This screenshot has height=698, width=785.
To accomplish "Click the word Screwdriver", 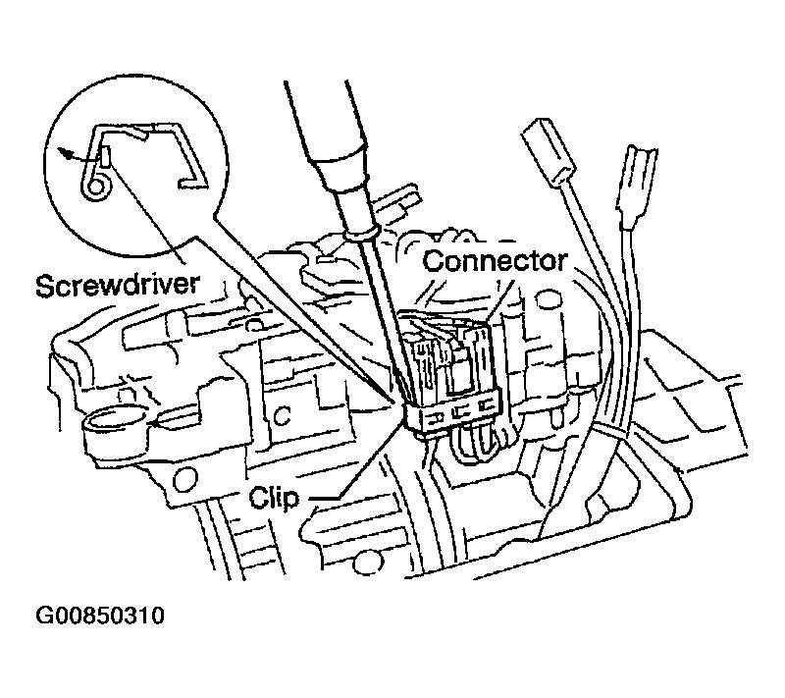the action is (118, 285).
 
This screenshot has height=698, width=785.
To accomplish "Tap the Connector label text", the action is (496, 260).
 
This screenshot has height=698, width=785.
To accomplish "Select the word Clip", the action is (274, 497).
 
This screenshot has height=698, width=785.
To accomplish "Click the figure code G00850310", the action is (100, 616).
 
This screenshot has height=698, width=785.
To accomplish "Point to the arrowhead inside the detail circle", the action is (63, 152).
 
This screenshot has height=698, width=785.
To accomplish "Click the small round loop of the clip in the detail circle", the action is (95, 186).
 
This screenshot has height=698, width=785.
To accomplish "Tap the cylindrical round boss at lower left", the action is (119, 426).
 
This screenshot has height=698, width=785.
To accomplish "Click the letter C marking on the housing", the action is (284, 415).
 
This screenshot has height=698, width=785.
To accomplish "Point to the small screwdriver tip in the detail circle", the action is (107, 157).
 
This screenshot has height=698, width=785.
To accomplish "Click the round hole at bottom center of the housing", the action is (364, 564).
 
